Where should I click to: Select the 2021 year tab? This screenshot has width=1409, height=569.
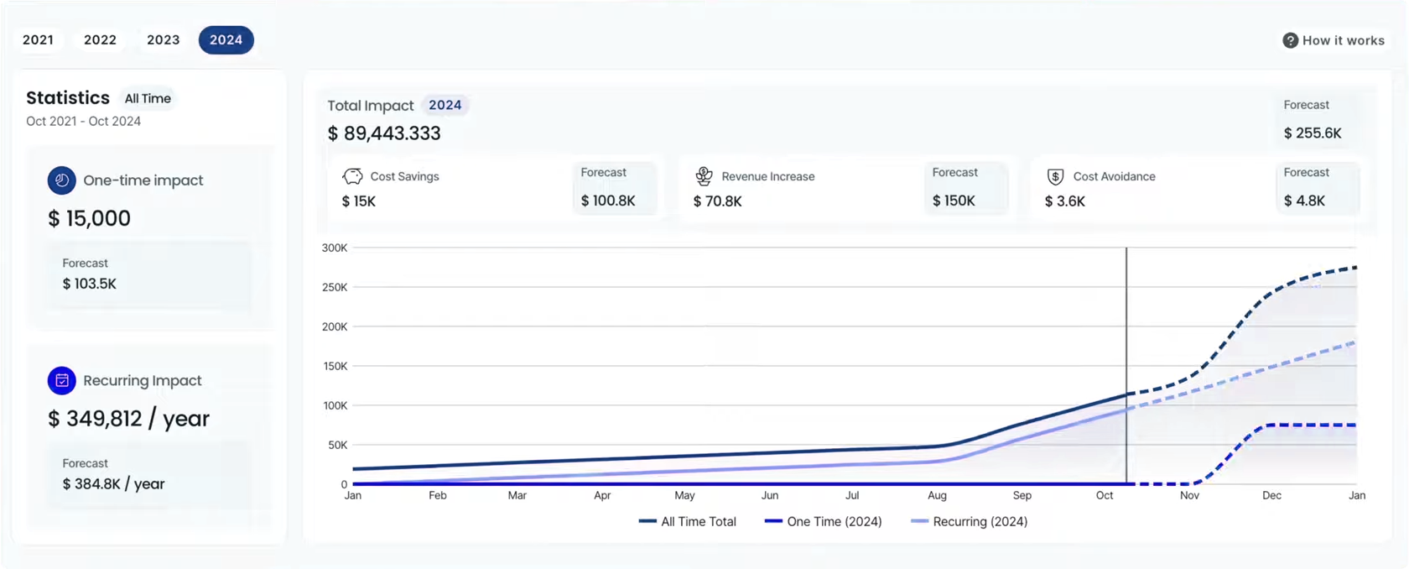click(x=39, y=39)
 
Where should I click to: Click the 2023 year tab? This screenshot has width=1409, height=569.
click(x=164, y=39)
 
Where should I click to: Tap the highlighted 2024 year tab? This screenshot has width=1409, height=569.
click(x=226, y=39)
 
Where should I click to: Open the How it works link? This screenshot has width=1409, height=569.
click(x=1334, y=40)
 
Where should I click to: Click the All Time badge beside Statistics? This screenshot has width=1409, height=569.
click(x=148, y=98)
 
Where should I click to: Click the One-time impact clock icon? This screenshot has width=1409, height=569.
click(x=62, y=180)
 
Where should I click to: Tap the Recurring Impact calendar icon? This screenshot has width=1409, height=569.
click(x=62, y=380)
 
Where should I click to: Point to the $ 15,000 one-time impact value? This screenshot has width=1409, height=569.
click(x=89, y=218)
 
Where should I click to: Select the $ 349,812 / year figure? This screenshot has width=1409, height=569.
click(x=128, y=419)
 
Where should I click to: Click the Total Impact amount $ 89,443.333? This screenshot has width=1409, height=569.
click(x=384, y=133)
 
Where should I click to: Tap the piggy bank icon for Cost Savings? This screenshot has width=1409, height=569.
click(x=352, y=176)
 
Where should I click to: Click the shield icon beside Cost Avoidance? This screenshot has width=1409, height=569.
click(x=1055, y=176)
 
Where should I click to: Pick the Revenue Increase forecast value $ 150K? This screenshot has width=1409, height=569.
click(x=954, y=201)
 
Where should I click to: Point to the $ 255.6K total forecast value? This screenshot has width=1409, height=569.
click(x=1313, y=133)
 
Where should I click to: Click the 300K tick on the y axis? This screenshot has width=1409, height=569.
click(x=335, y=248)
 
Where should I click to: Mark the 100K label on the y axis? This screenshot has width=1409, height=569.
click(x=335, y=405)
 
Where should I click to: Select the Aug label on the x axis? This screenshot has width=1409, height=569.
click(x=938, y=495)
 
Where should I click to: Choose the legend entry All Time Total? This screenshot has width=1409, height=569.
click(x=688, y=521)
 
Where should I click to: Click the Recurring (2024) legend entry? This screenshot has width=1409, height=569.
click(x=970, y=521)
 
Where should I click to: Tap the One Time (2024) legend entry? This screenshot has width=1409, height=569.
click(x=824, y=521)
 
